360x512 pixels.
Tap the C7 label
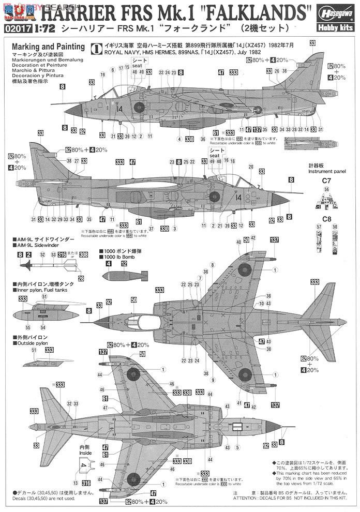[x=326, y=181]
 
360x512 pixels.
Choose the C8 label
[x=326, y=219]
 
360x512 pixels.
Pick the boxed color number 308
[x=84, y=254]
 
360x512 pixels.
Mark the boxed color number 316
[x=62, y=254]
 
